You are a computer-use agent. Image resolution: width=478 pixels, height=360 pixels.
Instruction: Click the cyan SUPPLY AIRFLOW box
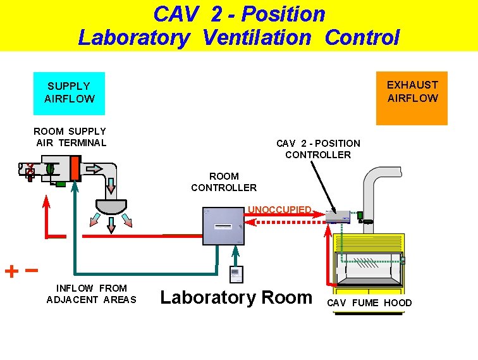(x=70, y=92)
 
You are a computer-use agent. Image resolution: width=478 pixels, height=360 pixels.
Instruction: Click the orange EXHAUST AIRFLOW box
(x=412, y=97)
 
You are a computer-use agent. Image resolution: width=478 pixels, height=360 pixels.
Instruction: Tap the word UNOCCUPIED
(x=279, y=209)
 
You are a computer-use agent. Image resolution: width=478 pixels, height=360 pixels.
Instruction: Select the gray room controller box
(x=223, y=226)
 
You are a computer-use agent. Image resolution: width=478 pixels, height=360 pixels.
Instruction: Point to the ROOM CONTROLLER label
(x=224, y=182)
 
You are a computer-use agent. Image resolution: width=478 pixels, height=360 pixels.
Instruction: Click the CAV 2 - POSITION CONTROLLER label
(x=318, y=149)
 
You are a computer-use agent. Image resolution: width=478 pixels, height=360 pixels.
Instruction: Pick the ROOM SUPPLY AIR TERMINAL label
(x=70, y=137)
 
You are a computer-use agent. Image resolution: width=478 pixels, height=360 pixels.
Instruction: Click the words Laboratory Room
(x=236, y=297)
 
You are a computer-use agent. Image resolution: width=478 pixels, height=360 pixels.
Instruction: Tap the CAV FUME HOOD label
(x=369, y=303)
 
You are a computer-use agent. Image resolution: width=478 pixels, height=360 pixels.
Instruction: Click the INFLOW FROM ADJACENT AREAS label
(x=91, y=294)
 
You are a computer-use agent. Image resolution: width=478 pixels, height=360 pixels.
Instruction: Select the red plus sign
(x=11, y=272)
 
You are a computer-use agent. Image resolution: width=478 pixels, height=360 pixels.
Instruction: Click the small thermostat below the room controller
(x=235, y=274)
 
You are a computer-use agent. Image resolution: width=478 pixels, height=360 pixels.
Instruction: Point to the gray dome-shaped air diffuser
(x=111, y=206)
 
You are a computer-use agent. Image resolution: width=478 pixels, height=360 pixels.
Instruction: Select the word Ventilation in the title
(x=257, y=37)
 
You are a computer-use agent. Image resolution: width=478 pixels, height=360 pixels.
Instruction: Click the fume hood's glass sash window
(x=367, y=269)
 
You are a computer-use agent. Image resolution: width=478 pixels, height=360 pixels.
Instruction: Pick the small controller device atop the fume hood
(x=338, y=216)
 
